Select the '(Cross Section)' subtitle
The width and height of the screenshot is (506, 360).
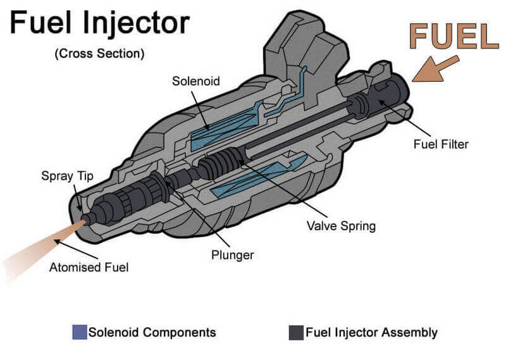pyautogui.click(x=99, y=54)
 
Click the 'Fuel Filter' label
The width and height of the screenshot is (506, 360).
pyautogui.click(x=441, y=144)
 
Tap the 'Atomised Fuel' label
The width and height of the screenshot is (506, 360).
pyautogui.click(x=89, y=267)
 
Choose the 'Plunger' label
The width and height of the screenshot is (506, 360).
pyautogui.click(x=232, y=255)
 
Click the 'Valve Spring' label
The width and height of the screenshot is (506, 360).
pyautogui.click(x=341, y=225)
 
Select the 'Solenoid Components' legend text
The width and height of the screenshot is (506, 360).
pyautogui.click(x=152, y=332)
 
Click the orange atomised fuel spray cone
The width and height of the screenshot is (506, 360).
pyautogui.click(x=38, y=244)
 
